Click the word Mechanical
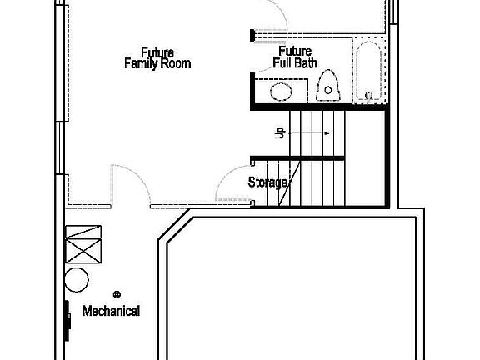[111, 311]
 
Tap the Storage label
[268, 182]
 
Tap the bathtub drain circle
[369, 96]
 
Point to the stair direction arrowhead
[329, 132]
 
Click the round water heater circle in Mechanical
[77, 280]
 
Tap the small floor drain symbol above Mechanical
[117, 294]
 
